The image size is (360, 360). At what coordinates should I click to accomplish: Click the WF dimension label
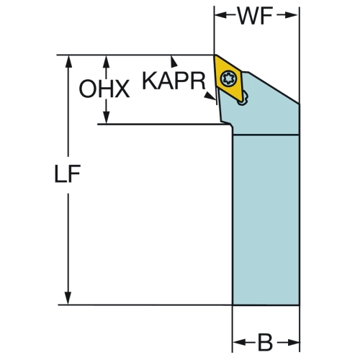(255, 16)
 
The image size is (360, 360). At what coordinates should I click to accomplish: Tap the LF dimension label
(68, 174)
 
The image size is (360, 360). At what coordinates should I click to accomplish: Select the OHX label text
(104, 89)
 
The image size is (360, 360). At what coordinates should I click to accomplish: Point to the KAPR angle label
(174, 81)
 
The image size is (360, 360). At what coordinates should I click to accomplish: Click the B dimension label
(265, 342)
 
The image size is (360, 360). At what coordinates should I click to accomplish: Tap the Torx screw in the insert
(229, 78)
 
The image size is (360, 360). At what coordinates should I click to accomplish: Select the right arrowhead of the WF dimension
(293, 15)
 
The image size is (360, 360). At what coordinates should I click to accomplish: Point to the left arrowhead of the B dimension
(239, 342)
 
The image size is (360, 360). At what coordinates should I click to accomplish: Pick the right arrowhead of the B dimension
(293, 342)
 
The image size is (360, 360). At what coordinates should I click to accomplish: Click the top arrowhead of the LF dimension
(68, 61)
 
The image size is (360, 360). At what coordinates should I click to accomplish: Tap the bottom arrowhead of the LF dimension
(68, 298)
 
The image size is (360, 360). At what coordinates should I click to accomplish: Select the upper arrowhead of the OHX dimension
(107, 61)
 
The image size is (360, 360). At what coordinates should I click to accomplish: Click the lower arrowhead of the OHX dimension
(107, 118)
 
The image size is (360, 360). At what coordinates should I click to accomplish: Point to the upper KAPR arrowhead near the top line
(174, 61)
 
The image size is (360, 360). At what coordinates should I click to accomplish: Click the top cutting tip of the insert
(215, 55)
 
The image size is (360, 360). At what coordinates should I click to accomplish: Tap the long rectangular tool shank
(266, 220)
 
